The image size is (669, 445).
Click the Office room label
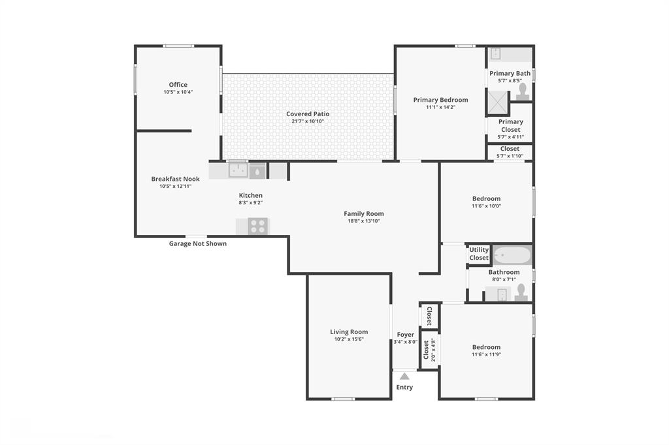178,85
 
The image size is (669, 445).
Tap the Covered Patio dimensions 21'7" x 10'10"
308,121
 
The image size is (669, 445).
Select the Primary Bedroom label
440,100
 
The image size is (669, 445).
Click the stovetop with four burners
258,226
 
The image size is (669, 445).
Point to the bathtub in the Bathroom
512,254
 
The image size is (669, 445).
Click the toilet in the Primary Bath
523,91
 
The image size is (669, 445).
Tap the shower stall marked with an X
498,102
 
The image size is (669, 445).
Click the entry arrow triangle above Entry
404,376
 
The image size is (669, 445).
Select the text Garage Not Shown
198,244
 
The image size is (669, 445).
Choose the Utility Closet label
479,254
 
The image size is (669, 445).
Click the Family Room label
364,213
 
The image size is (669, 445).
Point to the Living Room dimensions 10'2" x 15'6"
349,339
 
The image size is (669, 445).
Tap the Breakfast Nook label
175,179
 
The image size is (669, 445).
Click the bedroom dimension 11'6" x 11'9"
486,354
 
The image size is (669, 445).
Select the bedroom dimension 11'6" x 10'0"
486,206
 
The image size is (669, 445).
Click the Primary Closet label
510,125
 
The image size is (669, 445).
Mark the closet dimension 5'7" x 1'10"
510,156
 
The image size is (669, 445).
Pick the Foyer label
406,335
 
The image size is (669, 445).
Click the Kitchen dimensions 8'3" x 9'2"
250,202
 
